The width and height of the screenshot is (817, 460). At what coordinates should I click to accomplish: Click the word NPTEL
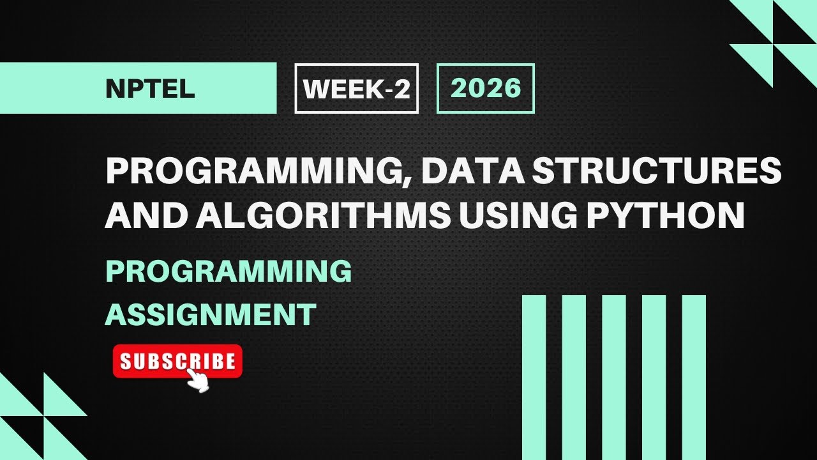[x=150, y=89]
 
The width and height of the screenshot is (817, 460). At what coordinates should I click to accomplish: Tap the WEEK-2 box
[x=356, y=89]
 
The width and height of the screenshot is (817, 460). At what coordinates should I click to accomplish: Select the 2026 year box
[x=485, y=88]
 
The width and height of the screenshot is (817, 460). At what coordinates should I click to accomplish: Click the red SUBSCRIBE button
[x=177, y=362]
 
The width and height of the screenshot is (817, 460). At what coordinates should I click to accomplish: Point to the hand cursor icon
[x=199, y=381]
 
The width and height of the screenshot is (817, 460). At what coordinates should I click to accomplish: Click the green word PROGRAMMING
[x=229, y=272]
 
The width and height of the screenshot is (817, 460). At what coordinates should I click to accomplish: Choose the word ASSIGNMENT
[x=211, y=314]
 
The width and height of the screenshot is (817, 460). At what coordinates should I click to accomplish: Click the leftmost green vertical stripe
[x=534, y=377]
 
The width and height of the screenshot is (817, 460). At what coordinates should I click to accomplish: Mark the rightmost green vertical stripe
[x=694, y=377]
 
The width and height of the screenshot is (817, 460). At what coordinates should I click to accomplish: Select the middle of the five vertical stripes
[x=614, y=377]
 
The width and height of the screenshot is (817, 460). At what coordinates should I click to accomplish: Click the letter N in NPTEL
[x=115, y=89]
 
